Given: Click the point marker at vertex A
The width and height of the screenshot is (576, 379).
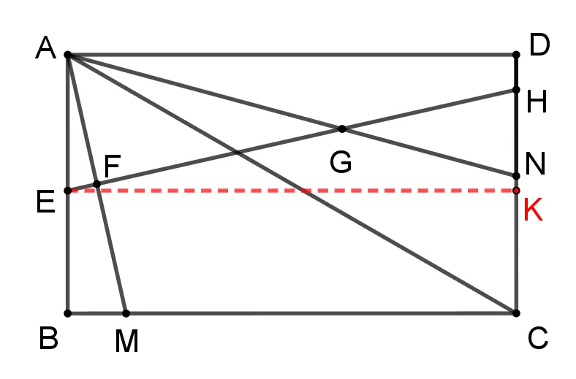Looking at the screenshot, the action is coord(68,55).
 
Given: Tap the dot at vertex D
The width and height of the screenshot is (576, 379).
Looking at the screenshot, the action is coord(516,55).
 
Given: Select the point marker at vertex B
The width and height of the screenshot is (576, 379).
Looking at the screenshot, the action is coord(68,313).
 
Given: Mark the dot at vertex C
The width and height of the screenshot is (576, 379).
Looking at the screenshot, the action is coord(516,313).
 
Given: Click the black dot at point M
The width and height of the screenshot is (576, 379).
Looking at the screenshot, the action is coord(126,313).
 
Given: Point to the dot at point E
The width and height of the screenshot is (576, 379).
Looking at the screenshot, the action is coord(68,191).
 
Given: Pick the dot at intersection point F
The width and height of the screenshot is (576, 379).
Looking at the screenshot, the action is coord(97,184).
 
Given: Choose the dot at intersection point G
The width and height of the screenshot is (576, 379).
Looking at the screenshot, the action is coord(342,129).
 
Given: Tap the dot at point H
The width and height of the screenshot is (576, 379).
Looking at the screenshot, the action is coord(516,90).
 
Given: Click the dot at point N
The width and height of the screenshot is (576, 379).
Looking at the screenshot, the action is coord(516,176).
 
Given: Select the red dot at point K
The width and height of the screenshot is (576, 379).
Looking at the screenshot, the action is coord(516,191).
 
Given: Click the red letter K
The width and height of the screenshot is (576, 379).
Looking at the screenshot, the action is coord(533,210).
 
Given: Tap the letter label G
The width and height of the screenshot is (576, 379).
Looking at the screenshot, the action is coord(341,162).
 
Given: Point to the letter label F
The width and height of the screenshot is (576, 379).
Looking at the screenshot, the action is coord(113,166).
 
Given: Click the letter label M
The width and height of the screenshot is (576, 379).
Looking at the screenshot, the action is coord(126,341).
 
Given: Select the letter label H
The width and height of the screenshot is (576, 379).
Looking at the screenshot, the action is coord(537,102).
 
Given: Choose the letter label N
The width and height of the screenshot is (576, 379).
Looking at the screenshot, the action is coord(535,164).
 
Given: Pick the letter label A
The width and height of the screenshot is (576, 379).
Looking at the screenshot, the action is coord(46,47).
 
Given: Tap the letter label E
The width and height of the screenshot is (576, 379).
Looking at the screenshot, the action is coord(46,202).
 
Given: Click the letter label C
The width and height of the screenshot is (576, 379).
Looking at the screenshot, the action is coord(538,338).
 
